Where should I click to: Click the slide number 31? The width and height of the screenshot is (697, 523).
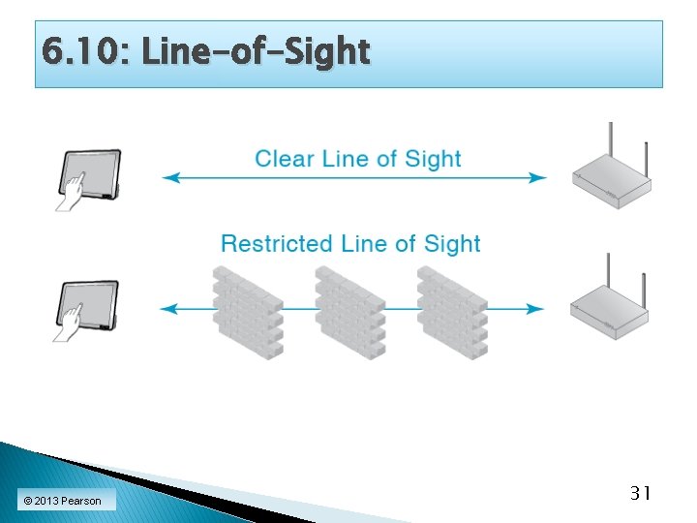pos(639,494)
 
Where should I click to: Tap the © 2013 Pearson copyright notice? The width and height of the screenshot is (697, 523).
pos(62,501)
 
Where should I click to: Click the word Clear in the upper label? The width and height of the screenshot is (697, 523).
pos(285,159)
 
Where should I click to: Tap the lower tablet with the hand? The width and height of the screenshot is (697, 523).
pos(89,309)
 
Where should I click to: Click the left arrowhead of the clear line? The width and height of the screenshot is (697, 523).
pos(168,177)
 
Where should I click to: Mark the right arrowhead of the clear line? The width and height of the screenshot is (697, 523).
pos(539,177)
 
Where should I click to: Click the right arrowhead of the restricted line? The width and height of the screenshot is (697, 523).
pos(537,309)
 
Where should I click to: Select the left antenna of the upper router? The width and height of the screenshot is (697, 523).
pos(611,144)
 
